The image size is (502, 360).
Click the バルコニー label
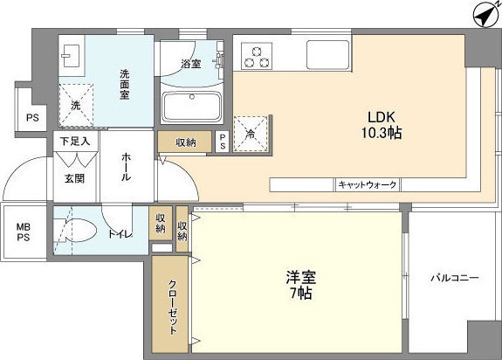click(454, 278)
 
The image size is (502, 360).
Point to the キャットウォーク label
click(368, 185)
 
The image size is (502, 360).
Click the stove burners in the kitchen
click(256, 56)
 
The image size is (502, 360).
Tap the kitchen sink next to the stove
click(324, 56)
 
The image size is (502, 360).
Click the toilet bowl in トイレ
click(77, 232)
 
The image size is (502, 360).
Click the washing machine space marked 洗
click(76, 104)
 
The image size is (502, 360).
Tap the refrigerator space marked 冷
click(251, 134)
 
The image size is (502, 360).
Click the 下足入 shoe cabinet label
click(75, 140)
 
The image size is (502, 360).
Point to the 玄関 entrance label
click(73, 177)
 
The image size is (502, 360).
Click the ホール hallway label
click(127, 165)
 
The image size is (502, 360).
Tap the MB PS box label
click(24, 232)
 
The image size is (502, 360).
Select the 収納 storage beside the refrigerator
click(185, 142)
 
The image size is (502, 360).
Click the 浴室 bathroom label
click(191, 64)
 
